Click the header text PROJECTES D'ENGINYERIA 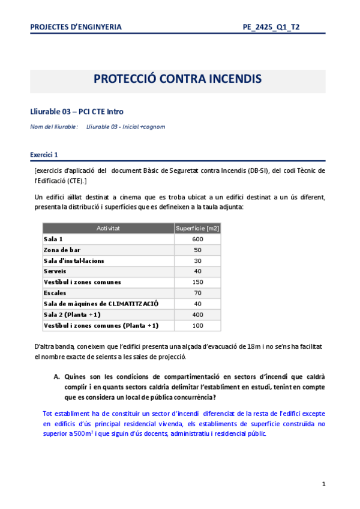[76, 27]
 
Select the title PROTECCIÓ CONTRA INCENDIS [177, 80]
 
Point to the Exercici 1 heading [44, 154]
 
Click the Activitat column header [108, 228]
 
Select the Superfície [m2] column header [198, 228]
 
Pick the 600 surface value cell [198, 239]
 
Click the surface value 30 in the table [198, 261]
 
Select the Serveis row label [55, 271]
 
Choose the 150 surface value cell [198, 282]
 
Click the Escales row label [55, 293]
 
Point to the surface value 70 [198, 293]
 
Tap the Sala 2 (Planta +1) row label [72, 315]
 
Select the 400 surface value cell [198, 315]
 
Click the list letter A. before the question [57, 377]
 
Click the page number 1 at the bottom [323, 484]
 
